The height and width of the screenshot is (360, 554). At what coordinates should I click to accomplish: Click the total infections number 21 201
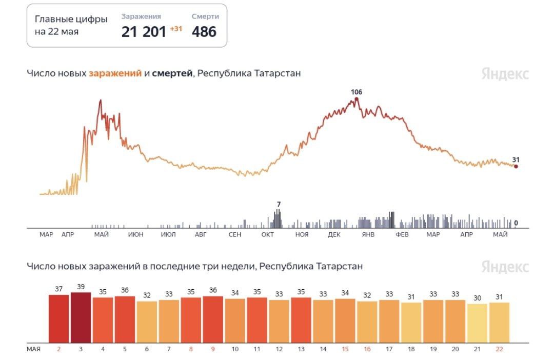coord(144,32)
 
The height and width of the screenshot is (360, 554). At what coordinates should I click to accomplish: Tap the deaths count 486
coord(204,32)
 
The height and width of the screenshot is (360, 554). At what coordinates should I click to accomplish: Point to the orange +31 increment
coord(176,29)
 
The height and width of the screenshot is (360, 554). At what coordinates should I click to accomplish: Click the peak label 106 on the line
coord(357,92)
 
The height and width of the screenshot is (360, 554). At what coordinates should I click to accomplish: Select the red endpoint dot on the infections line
coord(516,166)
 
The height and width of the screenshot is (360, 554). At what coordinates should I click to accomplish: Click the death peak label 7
coord(278,205)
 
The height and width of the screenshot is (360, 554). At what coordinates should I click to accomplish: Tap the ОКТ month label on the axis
coord(267,234)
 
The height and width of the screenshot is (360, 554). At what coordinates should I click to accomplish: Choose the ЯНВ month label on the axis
coord(368,234)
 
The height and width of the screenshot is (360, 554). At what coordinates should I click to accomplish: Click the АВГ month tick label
coord(201,234)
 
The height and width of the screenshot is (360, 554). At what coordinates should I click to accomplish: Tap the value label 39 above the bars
coord(81,287)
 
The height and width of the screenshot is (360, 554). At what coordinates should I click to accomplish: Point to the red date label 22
coord(499,349)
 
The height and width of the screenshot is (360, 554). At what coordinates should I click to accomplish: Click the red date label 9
coord(213,349)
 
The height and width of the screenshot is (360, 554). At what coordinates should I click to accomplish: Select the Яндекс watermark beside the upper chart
coord(505,74)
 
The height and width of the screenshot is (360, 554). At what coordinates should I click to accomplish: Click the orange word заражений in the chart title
coord(115,73)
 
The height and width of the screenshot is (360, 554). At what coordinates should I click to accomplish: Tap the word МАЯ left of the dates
coord(33,349)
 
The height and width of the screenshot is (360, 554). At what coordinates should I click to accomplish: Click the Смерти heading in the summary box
coord(205,16)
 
